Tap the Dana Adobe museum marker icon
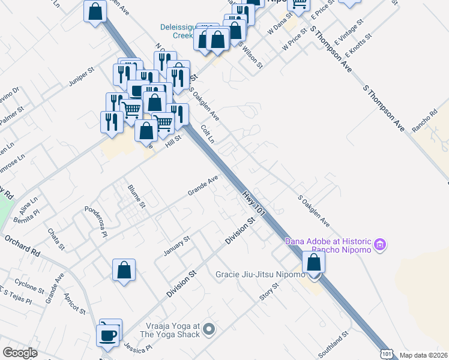(379, 245)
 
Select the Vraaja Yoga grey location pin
(209, 328)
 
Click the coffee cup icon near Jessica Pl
(109, 334)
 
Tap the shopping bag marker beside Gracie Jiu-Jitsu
(313, 262)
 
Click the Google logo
(20, 353)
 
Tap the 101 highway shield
(386, 354)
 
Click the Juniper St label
(82, 77)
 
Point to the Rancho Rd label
(424, 119)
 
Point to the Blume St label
(136, 196)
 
